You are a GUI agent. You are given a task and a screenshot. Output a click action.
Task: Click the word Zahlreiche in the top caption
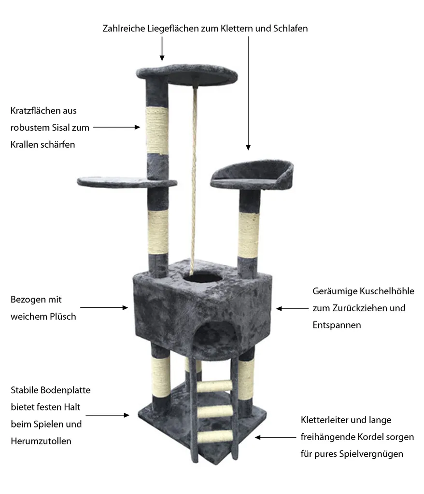(x=124, y=28)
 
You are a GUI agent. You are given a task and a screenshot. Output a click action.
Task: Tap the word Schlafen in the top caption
(x=290, y=28)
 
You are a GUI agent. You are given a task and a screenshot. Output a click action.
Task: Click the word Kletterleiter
(x=325, y=420)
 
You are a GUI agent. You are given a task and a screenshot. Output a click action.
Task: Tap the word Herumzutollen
(x=41, y=441)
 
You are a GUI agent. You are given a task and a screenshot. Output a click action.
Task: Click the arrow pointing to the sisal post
(x=116, y=127)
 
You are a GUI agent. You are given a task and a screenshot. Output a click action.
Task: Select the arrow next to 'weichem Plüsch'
(x=104, y=307)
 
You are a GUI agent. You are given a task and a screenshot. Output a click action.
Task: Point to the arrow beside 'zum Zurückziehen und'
(x=293, y=308)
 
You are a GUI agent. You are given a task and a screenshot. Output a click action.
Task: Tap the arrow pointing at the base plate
(x=108, y=415)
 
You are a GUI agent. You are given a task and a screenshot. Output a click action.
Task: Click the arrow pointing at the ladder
(x=276, y=437)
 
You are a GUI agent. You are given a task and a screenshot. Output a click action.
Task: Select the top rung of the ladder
(x=215, y=386)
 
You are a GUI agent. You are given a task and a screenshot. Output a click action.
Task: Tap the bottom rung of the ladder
(x=215, y=437)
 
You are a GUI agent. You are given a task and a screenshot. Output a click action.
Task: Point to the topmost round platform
(x=187, y=74)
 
